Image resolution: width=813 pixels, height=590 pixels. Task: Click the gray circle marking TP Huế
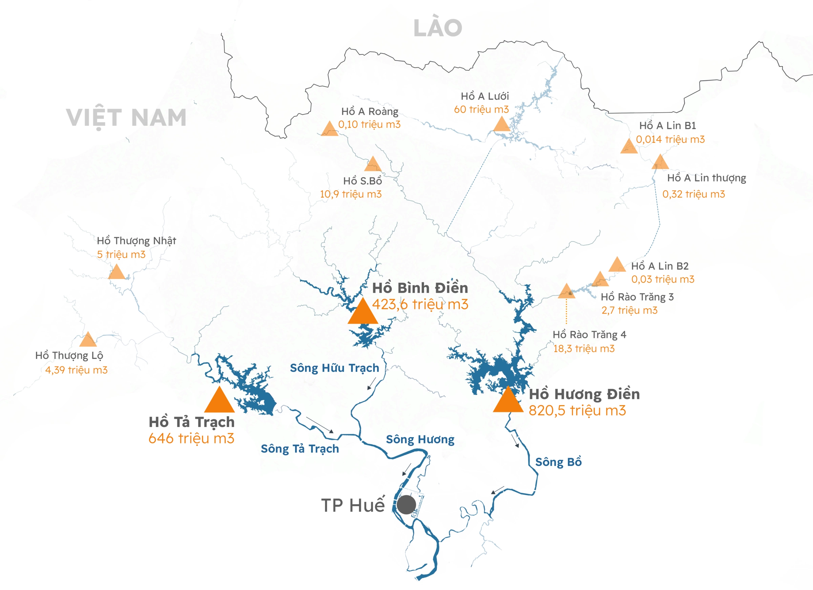point(406,505)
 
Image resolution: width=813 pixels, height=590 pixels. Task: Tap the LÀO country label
point(438,28)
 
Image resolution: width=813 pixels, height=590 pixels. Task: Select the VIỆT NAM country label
point(126,118)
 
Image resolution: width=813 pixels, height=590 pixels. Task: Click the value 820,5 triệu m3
point(577,410)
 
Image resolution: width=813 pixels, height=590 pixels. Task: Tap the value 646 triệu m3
point(191,438)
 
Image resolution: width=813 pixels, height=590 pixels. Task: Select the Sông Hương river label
point(420,440)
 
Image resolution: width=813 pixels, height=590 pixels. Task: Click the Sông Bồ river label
point(558,462)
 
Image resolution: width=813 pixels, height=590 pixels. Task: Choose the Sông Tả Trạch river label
point(300,449)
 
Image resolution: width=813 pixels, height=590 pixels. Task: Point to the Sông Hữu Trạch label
point(334,368)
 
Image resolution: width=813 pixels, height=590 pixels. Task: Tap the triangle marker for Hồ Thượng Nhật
point(117,273)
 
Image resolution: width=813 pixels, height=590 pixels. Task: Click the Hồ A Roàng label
point(370,111)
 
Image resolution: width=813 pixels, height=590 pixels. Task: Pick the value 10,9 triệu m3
point(351,194)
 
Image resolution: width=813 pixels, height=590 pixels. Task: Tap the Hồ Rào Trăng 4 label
point(589,335)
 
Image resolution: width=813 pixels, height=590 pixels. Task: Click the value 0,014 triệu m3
point(670,140)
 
